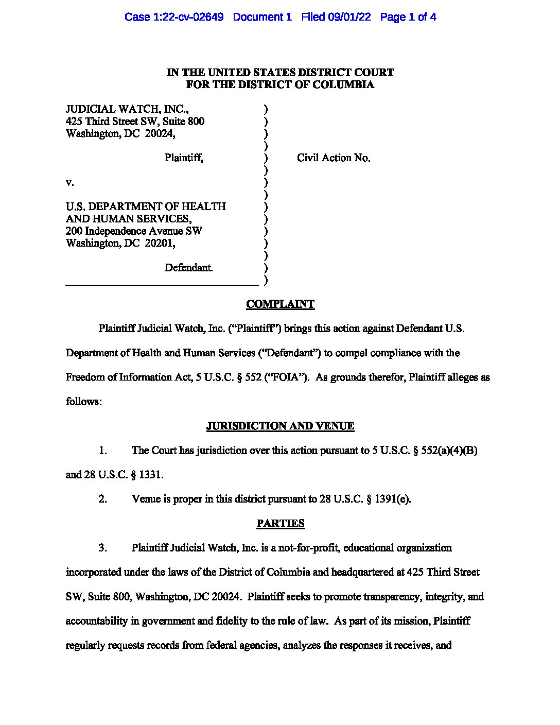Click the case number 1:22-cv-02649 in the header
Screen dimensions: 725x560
[x=188, y=17]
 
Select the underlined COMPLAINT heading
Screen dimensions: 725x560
[x=280, y=304]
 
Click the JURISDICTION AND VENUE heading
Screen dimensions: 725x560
[x=280, y=426]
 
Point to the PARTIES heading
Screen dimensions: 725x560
[x=280, y=524]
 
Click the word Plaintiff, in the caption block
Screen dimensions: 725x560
[x=184, y=158]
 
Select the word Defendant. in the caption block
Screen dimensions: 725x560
[x=188, y=268]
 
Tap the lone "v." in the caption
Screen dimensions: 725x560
[x=69, y=183]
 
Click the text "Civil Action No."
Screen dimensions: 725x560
[x=334, y=158]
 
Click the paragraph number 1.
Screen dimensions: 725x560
[x=103, y=451]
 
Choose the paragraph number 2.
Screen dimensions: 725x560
[x=103, y=499]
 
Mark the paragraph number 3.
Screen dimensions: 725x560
[x=103, y=548]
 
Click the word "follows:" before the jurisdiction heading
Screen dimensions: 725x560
[x=84, y=402]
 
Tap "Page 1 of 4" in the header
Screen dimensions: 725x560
[x=408, y=17]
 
